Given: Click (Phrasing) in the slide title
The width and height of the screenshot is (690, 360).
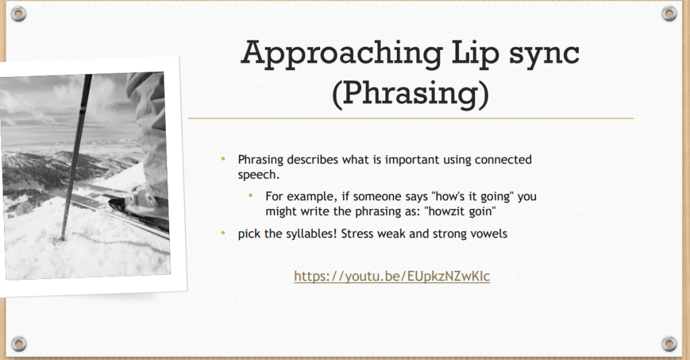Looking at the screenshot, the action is tap(410, 94).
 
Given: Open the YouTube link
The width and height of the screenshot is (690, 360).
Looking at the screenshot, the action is tap(391, 276).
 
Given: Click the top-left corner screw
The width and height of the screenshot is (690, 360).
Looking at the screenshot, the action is tap(18, 13).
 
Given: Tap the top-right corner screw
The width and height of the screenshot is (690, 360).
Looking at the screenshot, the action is tap(669, 13).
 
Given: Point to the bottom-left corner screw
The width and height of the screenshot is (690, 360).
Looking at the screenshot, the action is tap(18, 343).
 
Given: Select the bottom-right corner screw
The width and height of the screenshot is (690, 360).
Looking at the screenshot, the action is tap(669, 343).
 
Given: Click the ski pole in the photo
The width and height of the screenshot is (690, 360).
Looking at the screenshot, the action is tap(75, 156).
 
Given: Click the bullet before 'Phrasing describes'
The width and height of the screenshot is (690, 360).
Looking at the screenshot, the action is tap(223, 158).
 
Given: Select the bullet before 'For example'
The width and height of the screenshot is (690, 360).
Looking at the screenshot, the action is tap(251, 195).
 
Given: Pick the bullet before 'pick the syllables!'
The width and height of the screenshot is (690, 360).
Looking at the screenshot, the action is tap(223, 233).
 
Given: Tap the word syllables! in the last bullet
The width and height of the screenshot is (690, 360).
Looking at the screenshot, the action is tap(311, 234).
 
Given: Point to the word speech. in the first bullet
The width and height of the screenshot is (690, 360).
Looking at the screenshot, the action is tap(259, 175).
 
